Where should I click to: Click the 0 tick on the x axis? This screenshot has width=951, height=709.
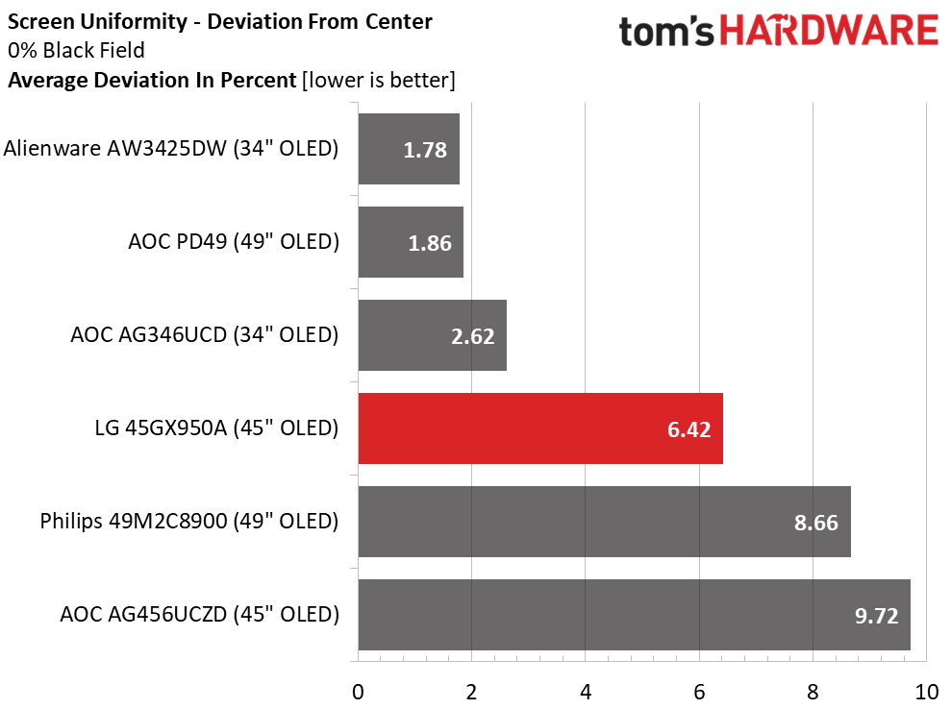(x=358, y=691)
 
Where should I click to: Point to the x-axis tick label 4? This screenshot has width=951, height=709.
(x=586, y=691)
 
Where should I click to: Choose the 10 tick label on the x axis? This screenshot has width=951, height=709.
(x=925, y=691)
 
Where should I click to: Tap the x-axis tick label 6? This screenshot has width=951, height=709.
(x=699, y=691)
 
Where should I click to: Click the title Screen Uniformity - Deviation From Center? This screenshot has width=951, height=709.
(x=220, y=21)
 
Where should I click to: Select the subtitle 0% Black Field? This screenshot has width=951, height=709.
(x=76, y=51)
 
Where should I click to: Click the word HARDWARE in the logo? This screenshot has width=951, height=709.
(x=830, y=32)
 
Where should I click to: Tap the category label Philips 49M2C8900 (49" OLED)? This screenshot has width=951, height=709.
(x=189, y=522)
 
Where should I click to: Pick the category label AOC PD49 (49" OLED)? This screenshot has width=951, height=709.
(x=234, y=242)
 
